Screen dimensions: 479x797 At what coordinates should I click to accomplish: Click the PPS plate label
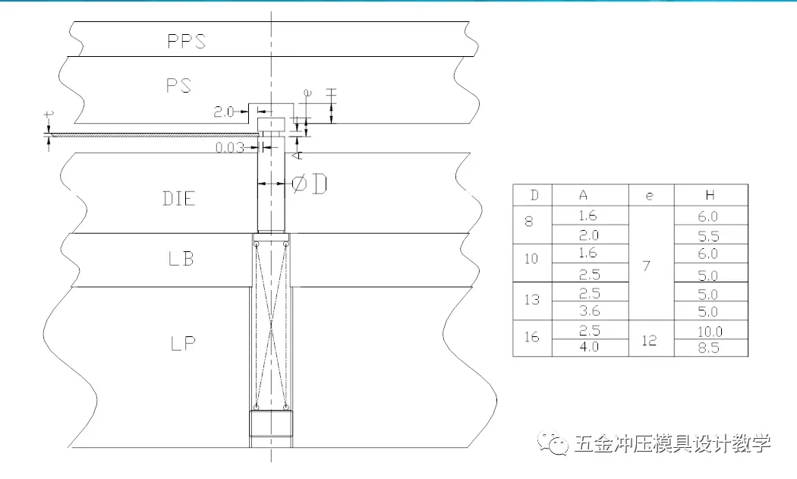coord(186,40)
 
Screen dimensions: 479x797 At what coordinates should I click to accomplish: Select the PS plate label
coord(179,85)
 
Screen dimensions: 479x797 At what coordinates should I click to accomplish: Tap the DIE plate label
coord(179,199)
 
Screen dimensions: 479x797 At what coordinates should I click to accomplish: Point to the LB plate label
coord(181,259)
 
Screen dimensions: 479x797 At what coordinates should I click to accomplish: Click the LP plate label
coord(182,342)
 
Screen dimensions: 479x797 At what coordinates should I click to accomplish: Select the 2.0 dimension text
coord(224,112)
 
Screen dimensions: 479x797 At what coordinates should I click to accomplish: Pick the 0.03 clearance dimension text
coord(230,147)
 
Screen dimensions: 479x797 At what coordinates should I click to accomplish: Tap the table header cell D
coord(534,195)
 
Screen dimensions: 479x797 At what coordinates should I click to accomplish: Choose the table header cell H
coord(710,195)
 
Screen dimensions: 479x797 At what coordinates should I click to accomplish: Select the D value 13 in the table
coord(532,299)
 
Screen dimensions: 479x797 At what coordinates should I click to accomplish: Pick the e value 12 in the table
coord(650,341)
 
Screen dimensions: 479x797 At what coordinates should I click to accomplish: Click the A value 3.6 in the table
coord(588,311)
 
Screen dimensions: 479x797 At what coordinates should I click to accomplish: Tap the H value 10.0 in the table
coord(710,332)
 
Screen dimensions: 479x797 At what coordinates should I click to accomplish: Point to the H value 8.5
coord(710,349)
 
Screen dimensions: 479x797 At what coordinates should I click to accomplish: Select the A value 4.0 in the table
coord(588,348)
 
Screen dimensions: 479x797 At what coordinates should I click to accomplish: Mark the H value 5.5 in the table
coord(710,236)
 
